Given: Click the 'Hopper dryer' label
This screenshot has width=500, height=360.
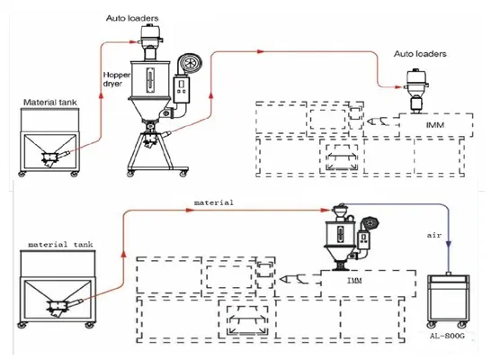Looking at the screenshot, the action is pyautogui.click(x=116, y=79).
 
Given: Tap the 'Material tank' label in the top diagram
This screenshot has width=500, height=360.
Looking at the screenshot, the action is pyautogui.click(x=50, y=103).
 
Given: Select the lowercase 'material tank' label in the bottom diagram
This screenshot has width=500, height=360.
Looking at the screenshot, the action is pyautogui.click(x=60, y=245).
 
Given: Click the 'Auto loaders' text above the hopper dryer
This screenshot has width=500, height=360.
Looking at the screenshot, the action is pyautogui.click(x=132, y=18).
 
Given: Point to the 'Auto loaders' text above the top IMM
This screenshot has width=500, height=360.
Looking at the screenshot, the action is pyautogui.click(x=420, y=54).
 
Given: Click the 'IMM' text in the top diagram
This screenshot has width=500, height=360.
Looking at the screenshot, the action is pyautogui.click(x=435, y=125).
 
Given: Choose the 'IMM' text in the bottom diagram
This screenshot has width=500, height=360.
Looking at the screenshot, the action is pyautogui.click(x=354, y=281).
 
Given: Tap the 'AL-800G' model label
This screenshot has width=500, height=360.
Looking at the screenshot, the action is pyautogui.click(x=447, y=336).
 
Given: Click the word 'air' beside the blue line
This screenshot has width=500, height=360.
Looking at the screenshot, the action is pyautogui.click(x=434, y=235).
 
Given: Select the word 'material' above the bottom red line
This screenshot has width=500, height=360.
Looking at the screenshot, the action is pyautogui.click(x=214, y=202).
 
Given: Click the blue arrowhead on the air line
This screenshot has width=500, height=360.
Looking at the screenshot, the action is pyautogui.click(x=449, y=245).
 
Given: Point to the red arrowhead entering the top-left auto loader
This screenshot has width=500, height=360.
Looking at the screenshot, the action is pyautogui.click(x=134, y=41).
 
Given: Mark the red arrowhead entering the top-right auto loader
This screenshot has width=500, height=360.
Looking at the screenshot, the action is pyautogui.click(x=398, y=86).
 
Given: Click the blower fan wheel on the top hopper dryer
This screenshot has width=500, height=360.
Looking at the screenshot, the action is pyautogui.click(x=189, y=62).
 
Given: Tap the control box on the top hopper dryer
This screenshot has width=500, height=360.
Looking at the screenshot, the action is pyautogui.click(x=182, y=89).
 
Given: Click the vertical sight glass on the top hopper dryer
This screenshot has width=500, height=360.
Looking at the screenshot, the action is pyautogui.click(x=150, y=80).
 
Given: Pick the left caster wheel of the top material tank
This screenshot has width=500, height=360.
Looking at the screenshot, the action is pyautogui.click(x=22, y=174).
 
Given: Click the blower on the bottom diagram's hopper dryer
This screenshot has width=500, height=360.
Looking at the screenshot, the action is pyautogui.click(x=370, y=223).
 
